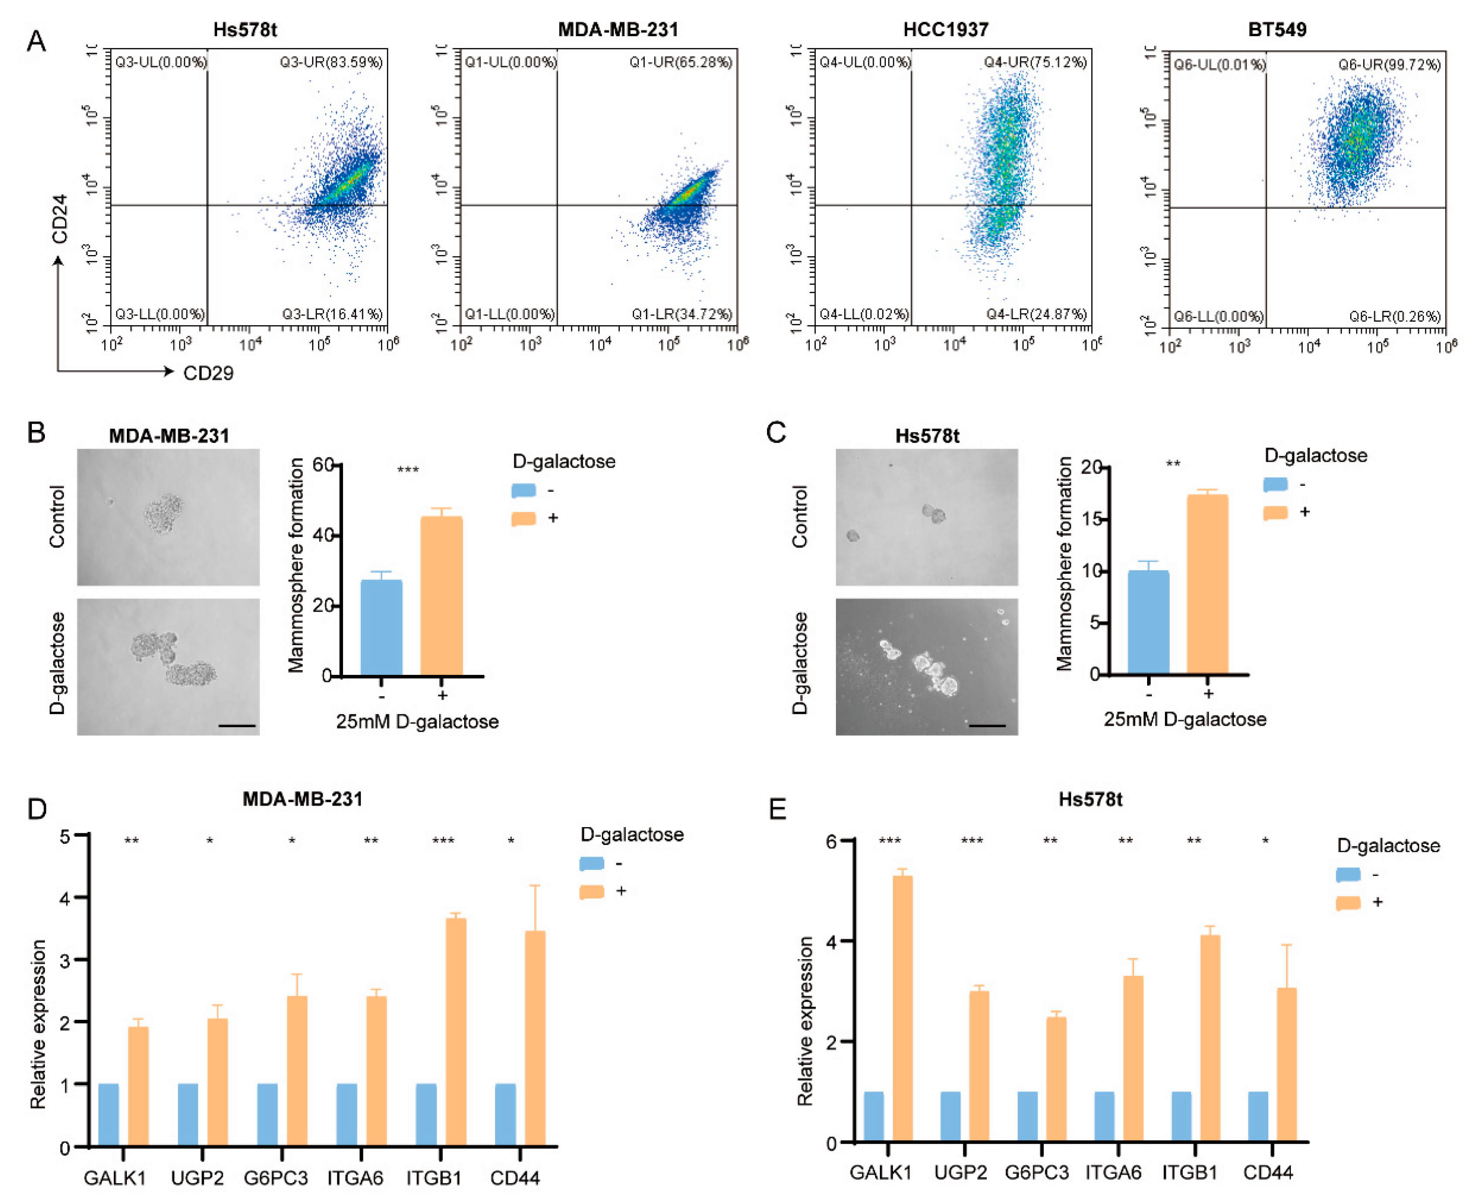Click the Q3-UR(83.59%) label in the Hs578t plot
coord(331,62)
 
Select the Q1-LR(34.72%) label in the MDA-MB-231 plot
coord(681,314)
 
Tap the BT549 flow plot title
coord(1277,30)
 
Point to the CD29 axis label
coord(208,373)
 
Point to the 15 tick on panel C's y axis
coord(1091,519)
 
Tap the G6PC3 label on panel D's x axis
coord(275,1178)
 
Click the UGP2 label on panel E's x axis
coord(960,1172)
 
